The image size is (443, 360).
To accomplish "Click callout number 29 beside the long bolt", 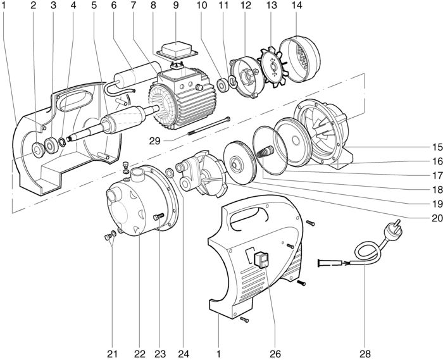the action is pos(155,140).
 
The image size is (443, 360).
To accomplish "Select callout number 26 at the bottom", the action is pos(275,354).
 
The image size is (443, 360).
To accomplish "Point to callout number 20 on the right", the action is pos(437,218).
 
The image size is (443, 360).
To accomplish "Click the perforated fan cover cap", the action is pos(300,59).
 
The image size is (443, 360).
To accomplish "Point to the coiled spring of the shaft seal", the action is pos(265,152).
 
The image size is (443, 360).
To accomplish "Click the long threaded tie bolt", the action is pos(209,126).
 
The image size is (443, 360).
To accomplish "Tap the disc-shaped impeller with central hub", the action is pos(240,163).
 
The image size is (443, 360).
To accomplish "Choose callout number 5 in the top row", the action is pos(94,5).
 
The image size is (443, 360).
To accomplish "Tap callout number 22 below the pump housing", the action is pos(140,354).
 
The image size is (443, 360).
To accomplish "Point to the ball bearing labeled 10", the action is pos(223,85).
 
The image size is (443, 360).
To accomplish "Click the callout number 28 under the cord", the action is pos(365,354).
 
